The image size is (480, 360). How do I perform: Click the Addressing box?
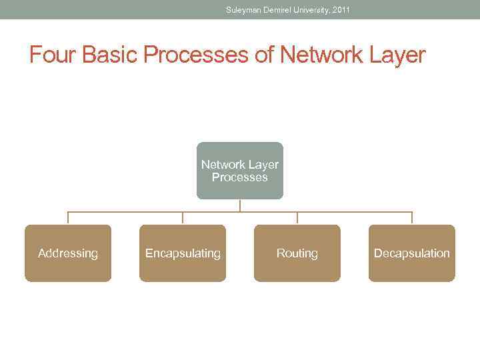(68, 253)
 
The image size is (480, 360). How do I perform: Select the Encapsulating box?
(183, 253)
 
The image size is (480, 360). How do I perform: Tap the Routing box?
(297, 253)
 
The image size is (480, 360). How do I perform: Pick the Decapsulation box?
(412, 253)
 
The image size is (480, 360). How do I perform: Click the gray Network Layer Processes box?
(240, 171)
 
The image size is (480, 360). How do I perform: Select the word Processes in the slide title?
(196, 55)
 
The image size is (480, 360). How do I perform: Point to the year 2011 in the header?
(340, 10)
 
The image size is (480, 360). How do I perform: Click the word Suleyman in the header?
(244, 10)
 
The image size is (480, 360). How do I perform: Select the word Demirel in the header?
(279, 10)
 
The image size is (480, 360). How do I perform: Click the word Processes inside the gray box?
(240, 177)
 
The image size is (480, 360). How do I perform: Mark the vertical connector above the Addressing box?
(68, 218)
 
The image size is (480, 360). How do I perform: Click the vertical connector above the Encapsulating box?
(183, 218)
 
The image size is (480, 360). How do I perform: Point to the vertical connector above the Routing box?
(297, 218)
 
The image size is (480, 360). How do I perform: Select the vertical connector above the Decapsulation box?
(412, 218)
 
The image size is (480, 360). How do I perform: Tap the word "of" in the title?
(265, 55)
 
